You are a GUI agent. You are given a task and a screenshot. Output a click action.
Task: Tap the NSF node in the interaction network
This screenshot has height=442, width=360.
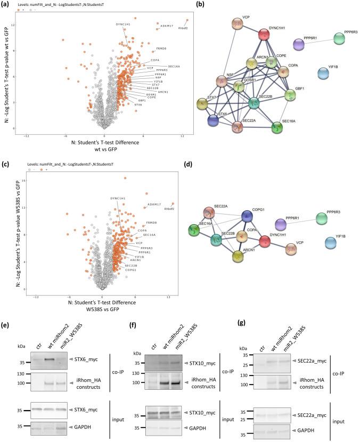(222, 81)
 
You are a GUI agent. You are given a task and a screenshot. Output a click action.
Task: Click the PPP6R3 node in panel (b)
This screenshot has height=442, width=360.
(339, 38)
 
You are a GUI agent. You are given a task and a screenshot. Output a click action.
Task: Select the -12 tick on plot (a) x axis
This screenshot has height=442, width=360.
(36, 135)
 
